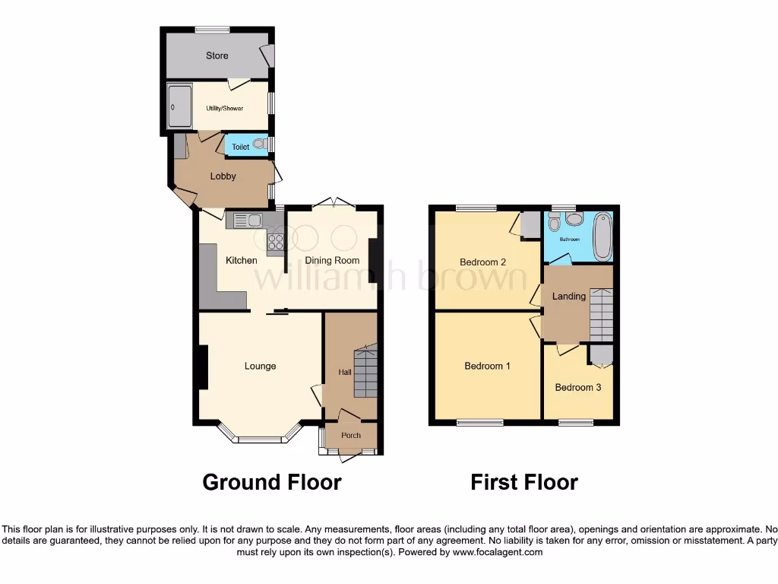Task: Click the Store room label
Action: click(x=217, y=56)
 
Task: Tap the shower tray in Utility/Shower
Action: click(x=179, y=107)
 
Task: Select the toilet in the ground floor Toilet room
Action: click(x=259, y=144)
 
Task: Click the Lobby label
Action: click(x=223, y=176)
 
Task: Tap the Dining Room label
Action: click(x=332, y=261)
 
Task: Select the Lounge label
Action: click(x=260, y=367)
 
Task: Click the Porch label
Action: click(x=351, y=436)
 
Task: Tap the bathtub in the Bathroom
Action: click(x=602, y=235)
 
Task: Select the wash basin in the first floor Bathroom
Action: click(x=574, y=220)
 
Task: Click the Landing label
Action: click(x=568, y=297)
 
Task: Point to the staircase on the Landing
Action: click(x=600, y=314)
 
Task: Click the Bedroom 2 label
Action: click(x=482, y=263)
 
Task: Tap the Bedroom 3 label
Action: click(x=577, y=388)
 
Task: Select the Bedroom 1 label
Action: click(x=487, y=367)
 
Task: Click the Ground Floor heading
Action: click(x=271, y=482)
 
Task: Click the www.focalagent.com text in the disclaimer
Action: click(x=498, y=552)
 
